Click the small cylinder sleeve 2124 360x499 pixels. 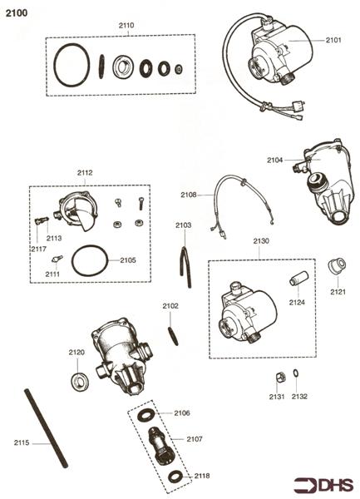click(298, 278)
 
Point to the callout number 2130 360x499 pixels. click(260, 240)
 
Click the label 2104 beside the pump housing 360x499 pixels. click(275, 159)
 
